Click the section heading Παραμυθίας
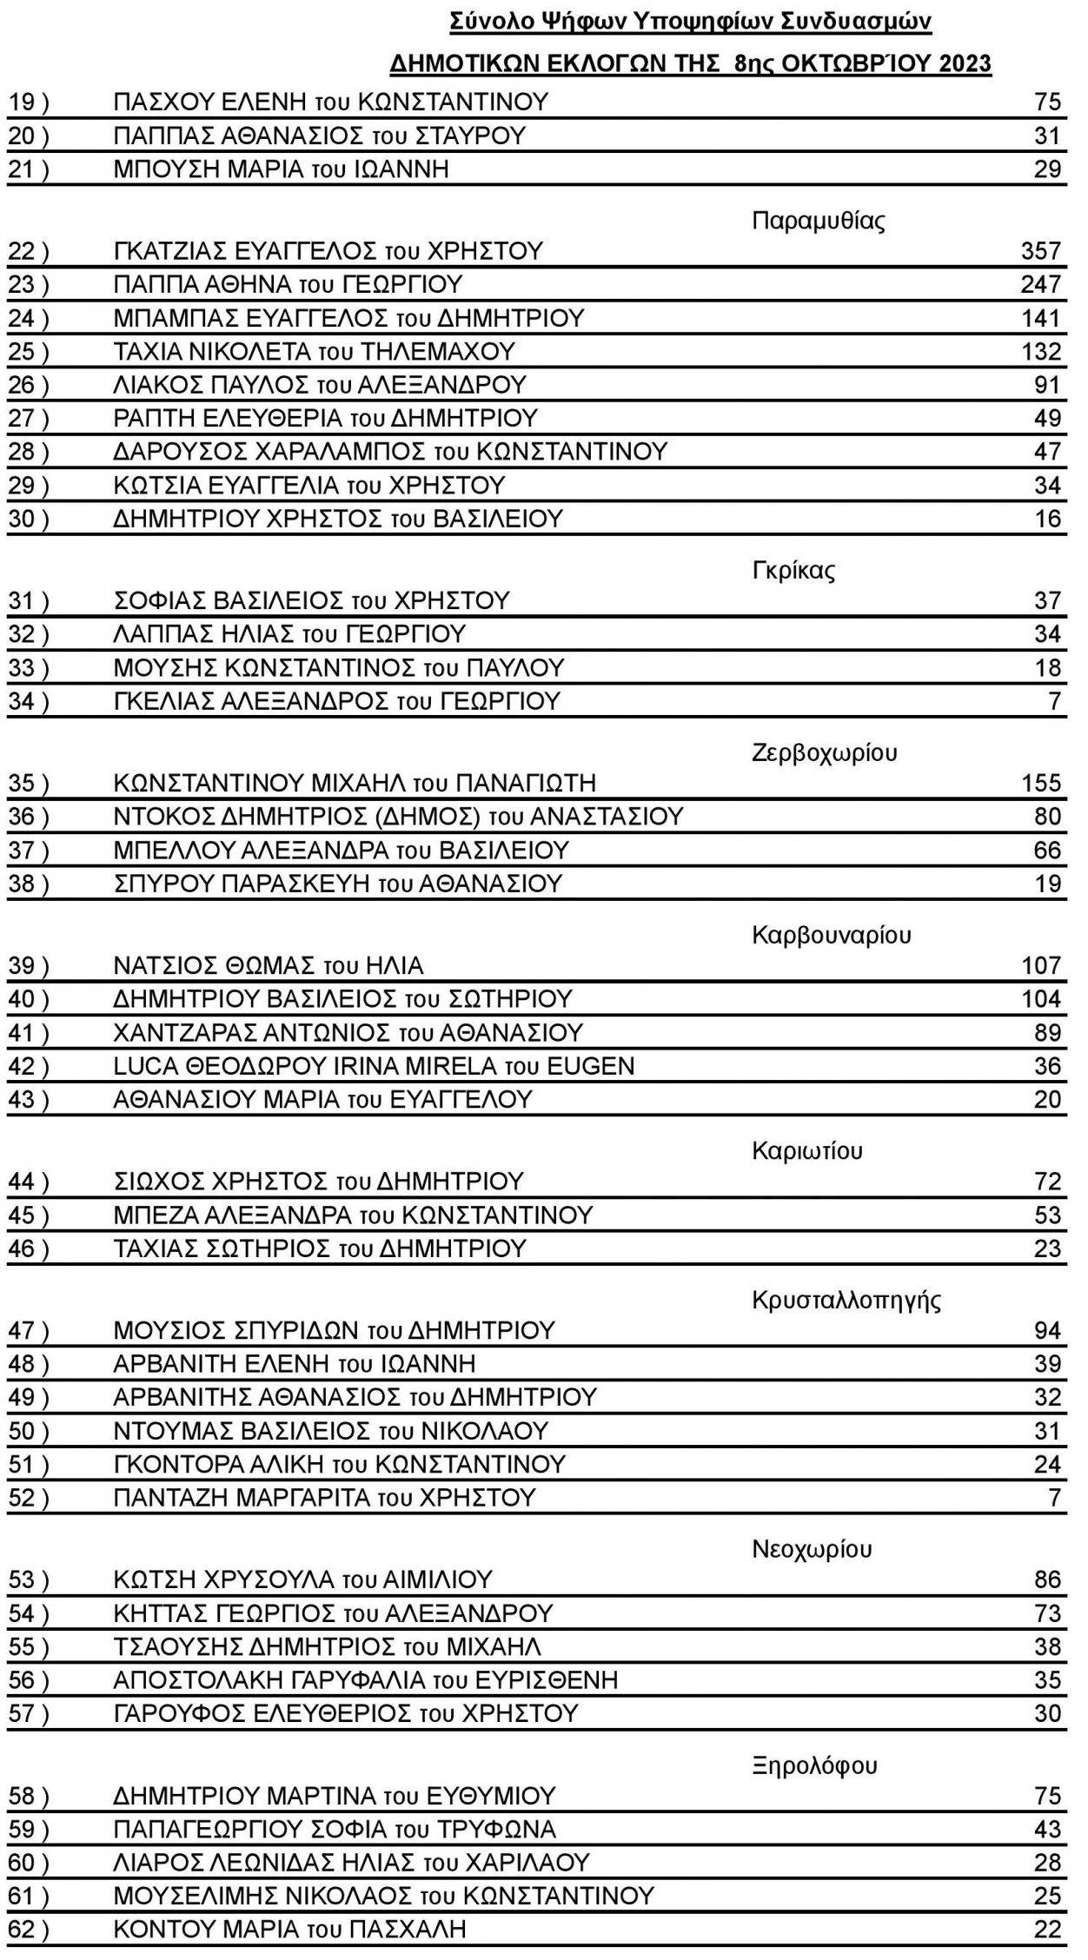click(818, 221)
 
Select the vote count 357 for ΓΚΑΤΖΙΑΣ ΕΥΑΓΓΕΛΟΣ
click(1040, 251)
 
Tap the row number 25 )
click(29, 352)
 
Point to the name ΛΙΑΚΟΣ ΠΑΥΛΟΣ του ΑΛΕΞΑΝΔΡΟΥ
click(320, 385)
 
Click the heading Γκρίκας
click(793, 571)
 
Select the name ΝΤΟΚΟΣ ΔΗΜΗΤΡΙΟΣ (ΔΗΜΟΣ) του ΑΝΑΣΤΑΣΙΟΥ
click(398, 817)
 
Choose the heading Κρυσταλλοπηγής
click(846, 1300)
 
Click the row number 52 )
click(29, 1498)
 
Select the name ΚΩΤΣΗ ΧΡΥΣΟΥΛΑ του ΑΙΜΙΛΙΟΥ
click(303, 1579)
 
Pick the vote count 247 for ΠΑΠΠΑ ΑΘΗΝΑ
click(1040, 284)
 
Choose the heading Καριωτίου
click(807, 1151)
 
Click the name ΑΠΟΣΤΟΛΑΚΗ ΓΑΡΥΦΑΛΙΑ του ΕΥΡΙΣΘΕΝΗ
click(366, 1679)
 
